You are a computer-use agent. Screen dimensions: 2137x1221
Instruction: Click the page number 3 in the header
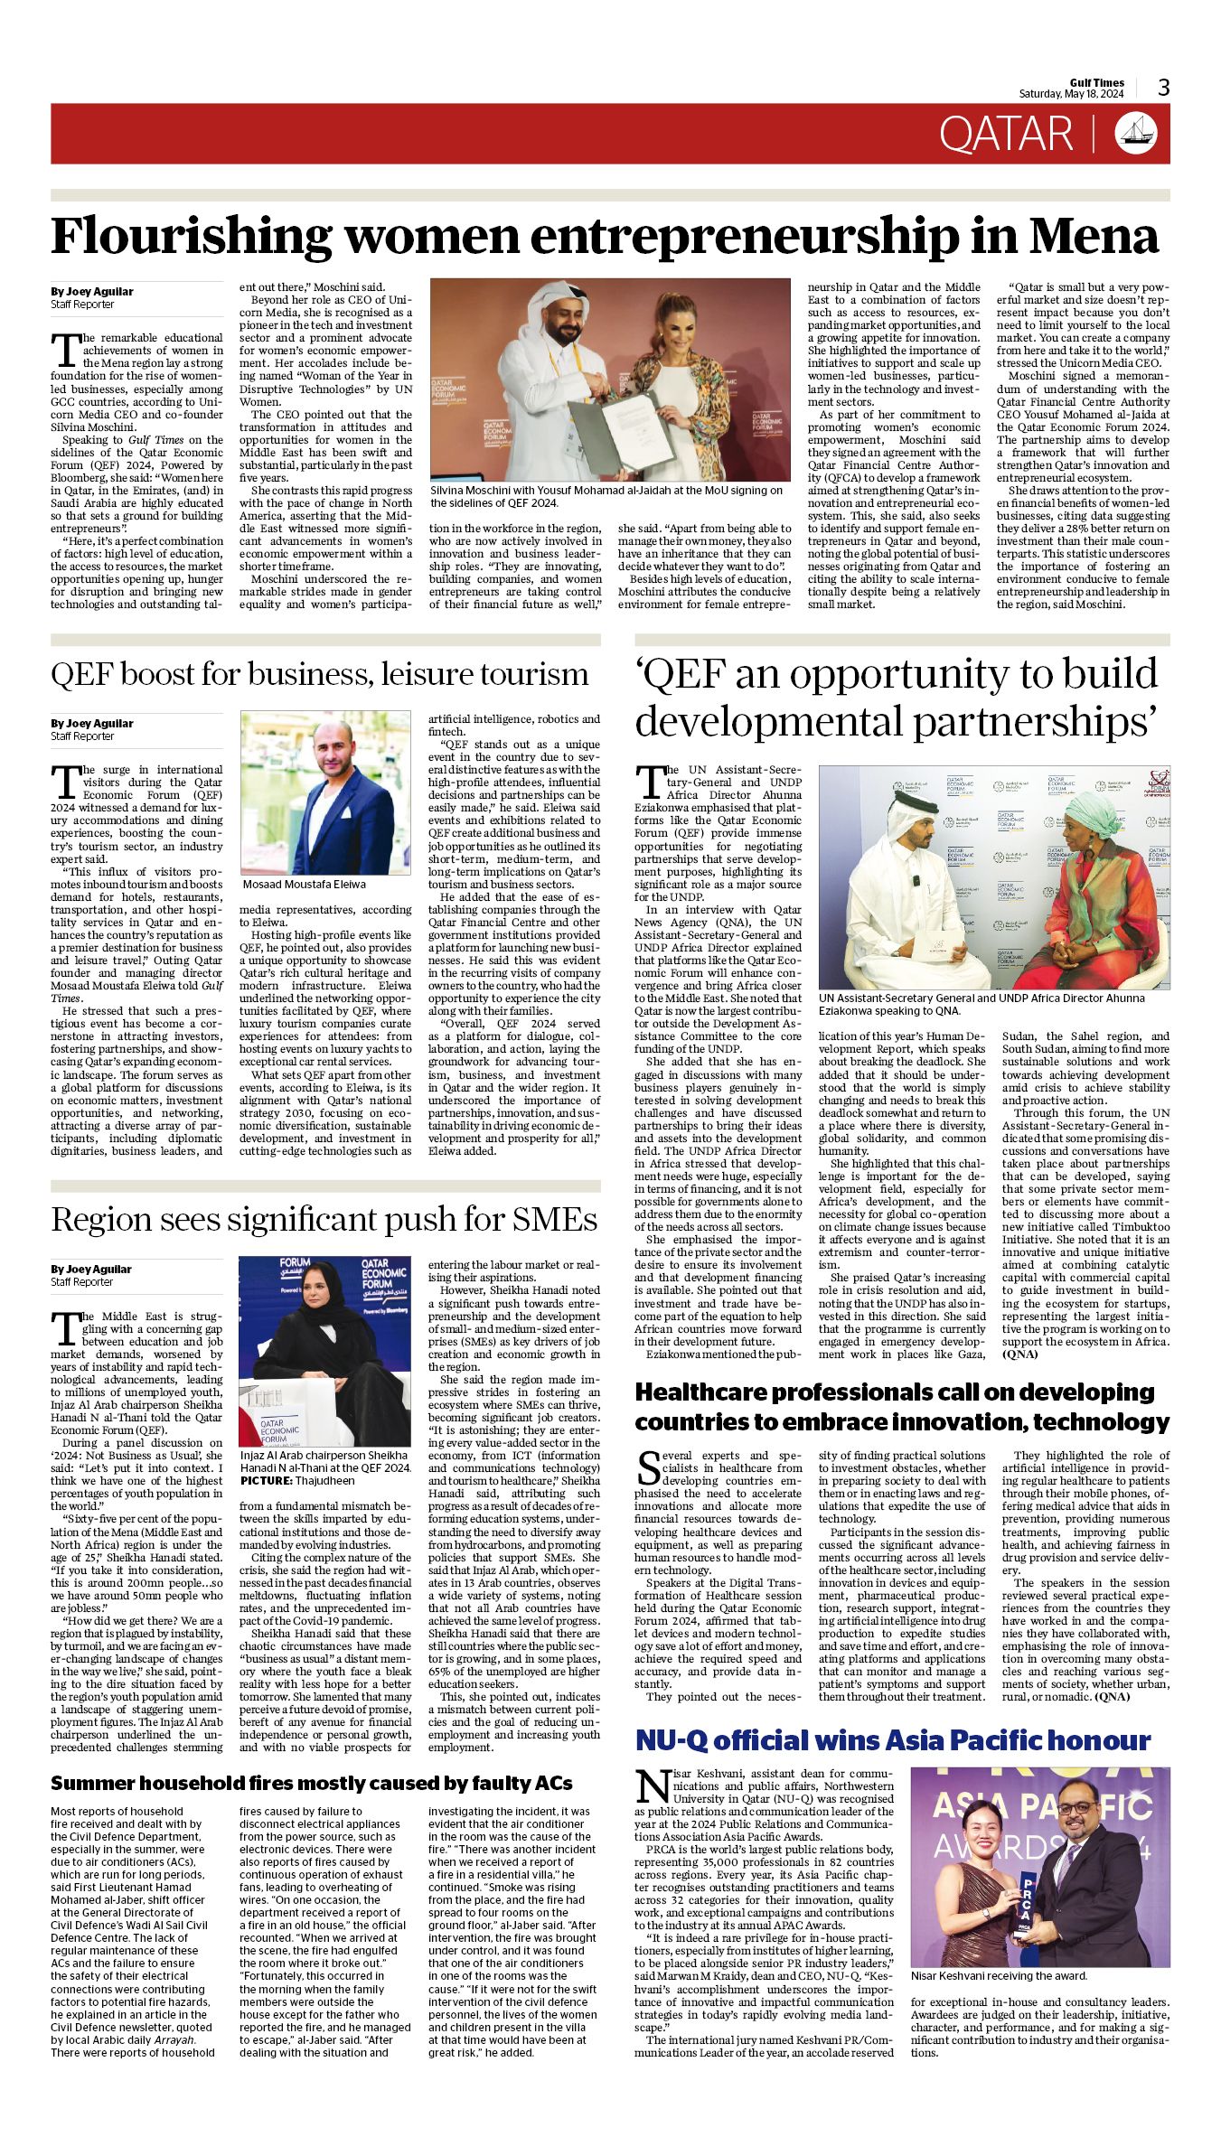click(x=1163, y=88)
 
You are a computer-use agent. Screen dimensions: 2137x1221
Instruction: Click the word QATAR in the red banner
click(x=1005, y=135)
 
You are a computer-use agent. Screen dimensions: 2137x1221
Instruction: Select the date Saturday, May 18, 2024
click(x=1071, y=94)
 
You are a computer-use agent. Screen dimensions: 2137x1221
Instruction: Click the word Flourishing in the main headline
click(x=191, y=236)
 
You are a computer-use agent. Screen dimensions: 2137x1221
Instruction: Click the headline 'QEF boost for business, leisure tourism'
click(x=319, y=674)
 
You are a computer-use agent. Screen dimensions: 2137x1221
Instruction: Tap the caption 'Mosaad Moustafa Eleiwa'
click(x=304, y=884)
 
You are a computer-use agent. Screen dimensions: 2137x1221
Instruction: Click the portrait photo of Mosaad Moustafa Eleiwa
click(x=325, y=792)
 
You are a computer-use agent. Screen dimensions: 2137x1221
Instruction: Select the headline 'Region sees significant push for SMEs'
click(x=324, y=1220)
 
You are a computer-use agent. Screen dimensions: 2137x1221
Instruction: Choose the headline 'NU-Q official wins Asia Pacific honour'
click(x=893, y=1740)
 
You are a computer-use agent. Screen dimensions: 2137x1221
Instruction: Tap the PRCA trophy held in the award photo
click(x=1026, y=1911)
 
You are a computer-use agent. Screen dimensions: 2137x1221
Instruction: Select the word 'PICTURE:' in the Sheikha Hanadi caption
click(x=266, y=1481)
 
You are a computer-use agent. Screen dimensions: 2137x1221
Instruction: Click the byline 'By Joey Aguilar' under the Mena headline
click(x=91, y=292)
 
